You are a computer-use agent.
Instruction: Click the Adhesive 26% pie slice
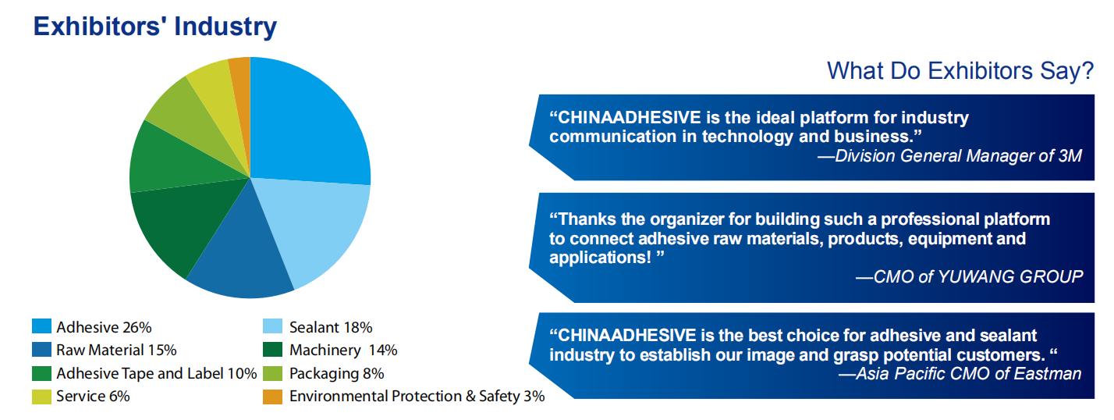(x=303, y=130)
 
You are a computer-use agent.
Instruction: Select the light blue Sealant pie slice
(x=314, y=224)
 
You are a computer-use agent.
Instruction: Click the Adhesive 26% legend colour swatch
(x=42, y=326)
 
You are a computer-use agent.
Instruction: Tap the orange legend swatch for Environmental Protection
(x=272, y=397)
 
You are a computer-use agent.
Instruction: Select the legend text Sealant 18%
(x=331, y=327)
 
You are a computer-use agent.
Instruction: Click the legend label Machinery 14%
(x=343, y=350)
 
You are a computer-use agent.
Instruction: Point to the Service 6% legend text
(x=93, y=396)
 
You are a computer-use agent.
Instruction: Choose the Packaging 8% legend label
(x=337, y=374)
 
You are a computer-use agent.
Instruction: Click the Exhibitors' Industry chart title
(x=154, y=27)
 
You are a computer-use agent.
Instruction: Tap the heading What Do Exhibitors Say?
(x=960, y=71)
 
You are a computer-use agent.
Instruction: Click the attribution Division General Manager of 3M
(x=958, y=156)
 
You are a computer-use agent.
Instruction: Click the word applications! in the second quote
(x=600, y=258)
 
